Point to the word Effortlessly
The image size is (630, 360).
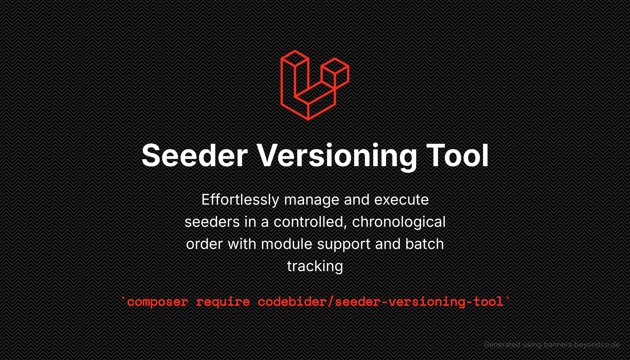(x=240, y=200)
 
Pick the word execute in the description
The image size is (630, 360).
(x=401, y=200)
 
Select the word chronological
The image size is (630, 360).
(x=399, y=222)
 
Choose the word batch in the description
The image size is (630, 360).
(x=425, y=244)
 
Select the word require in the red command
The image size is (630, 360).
(x=223, y=302)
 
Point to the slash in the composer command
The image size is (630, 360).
(x=331, y=302)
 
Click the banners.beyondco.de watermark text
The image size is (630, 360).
(x=582, y=345)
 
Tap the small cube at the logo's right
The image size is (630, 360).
(x=335, y=74)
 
